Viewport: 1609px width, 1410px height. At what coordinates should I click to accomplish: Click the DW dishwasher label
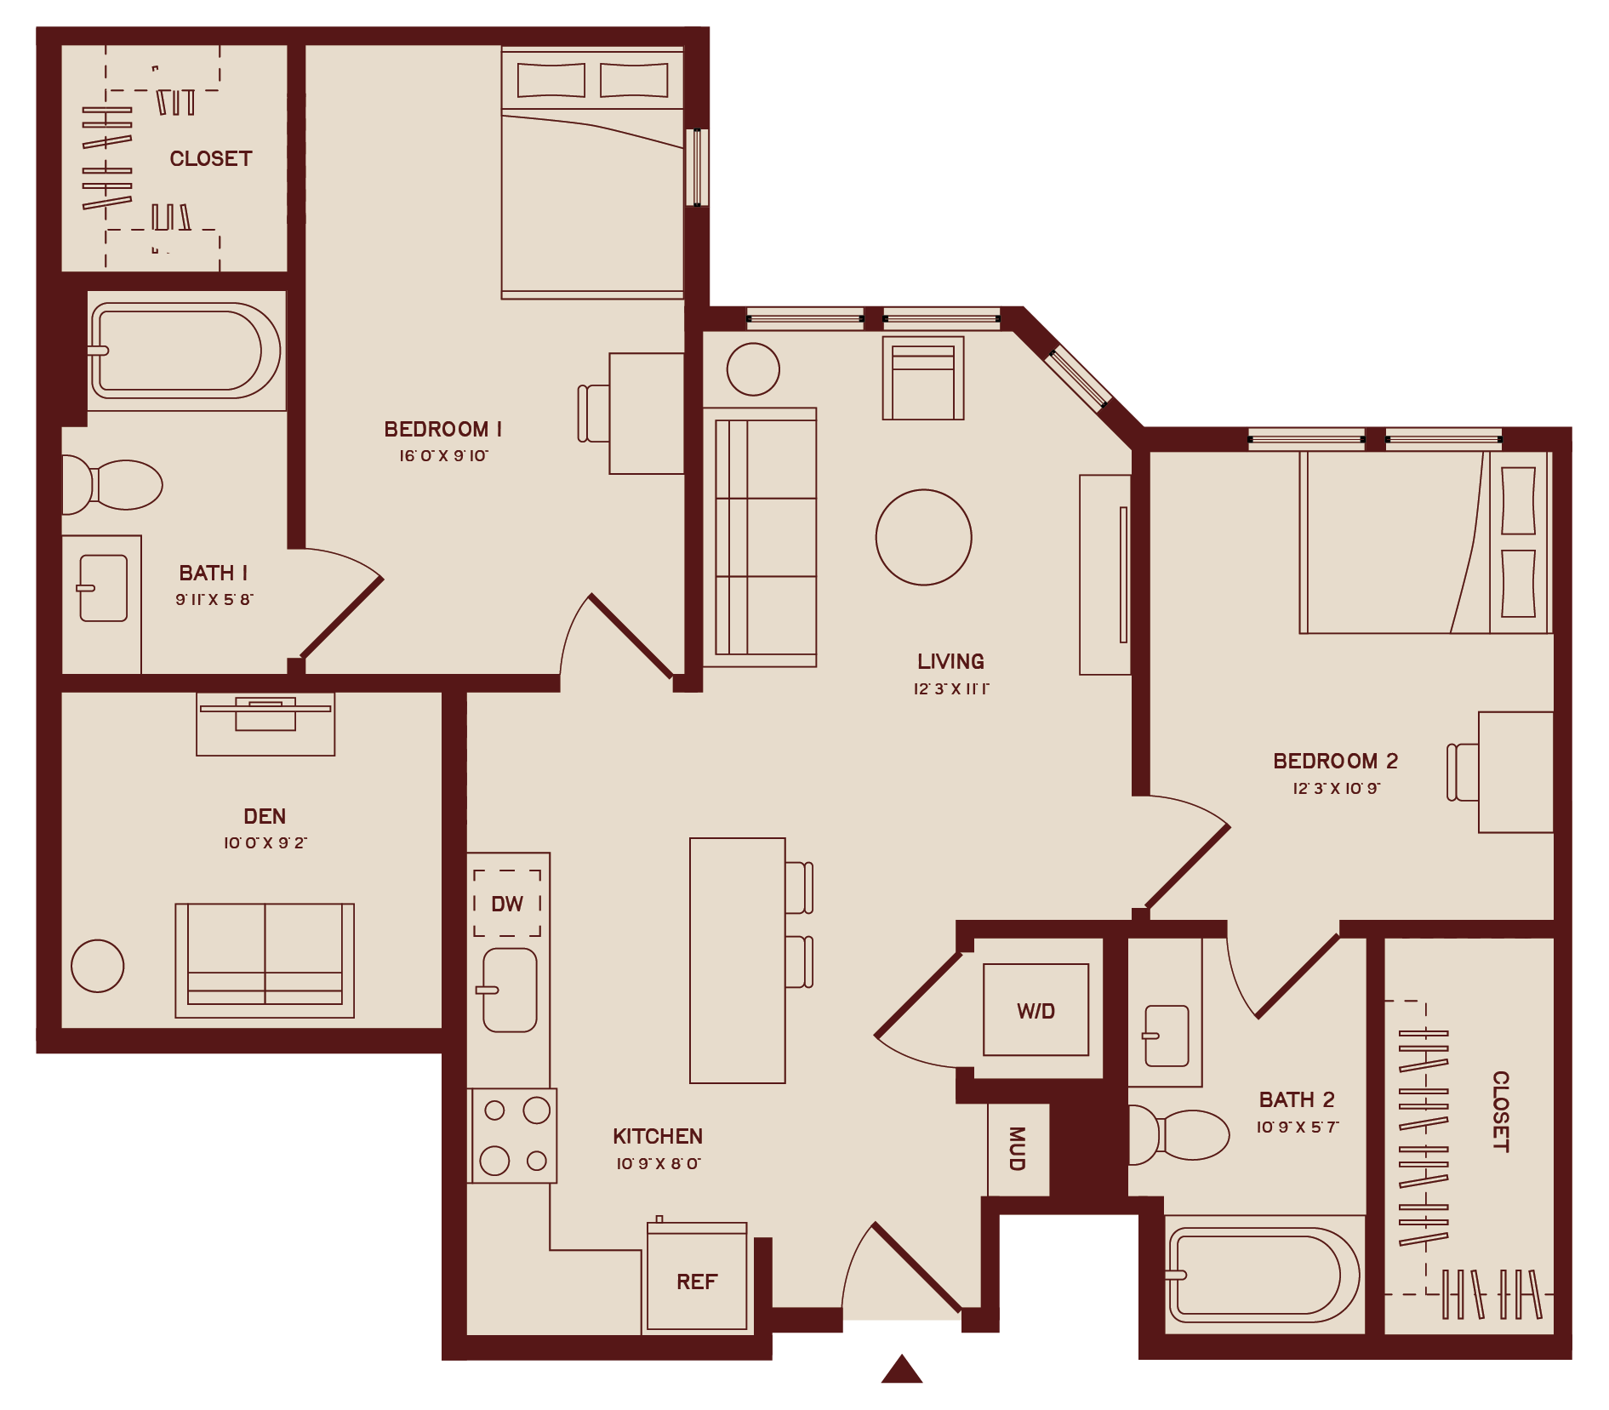(507, 904)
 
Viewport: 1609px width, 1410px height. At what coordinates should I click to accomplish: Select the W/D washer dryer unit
(1036, 1010)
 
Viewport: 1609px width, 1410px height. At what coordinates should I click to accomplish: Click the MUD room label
(1018, 1149)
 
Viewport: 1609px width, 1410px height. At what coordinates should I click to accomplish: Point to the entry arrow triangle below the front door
(902, 1370)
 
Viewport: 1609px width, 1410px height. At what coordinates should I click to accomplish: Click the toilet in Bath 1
(115, 485)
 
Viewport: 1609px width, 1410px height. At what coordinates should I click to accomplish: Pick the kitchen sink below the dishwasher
(510, 990)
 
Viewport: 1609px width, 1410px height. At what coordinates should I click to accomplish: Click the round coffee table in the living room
(924, 537)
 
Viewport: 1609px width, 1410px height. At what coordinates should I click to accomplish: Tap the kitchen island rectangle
(737, 960)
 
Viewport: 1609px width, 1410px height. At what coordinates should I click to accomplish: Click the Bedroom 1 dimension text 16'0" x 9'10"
(443, 456)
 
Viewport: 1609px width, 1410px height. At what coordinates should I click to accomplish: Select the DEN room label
(265, 816)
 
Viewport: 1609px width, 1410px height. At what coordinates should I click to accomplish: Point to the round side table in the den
(98, 966)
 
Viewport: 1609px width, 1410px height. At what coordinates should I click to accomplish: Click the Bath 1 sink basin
(104, 588)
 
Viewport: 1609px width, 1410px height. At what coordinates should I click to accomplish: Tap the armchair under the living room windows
(923, 379)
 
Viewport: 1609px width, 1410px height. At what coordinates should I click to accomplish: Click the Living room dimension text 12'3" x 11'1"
(950, 688)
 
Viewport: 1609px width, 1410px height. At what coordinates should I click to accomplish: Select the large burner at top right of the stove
(536, 1110)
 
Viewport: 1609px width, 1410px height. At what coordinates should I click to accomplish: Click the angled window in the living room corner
(1077, 377)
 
